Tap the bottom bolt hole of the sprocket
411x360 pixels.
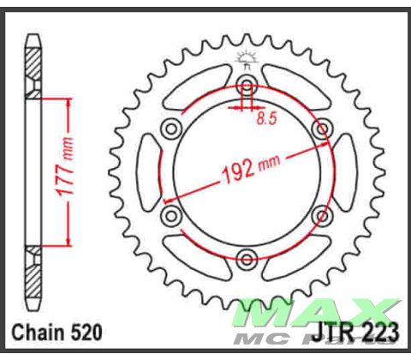247,257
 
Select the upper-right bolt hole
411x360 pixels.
322,129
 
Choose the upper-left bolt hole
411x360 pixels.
172,129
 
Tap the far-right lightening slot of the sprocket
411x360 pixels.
348,171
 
